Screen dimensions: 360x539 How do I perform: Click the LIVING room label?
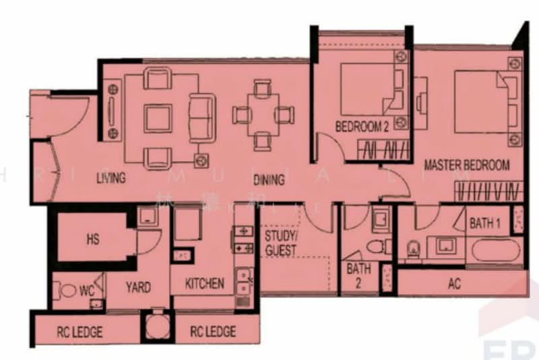point(111,179)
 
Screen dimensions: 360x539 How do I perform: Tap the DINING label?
point(269,180)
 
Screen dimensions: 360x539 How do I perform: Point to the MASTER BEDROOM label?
point(466,165)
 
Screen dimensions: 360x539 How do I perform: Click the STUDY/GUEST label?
point(280,243)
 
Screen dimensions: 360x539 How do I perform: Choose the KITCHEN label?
point(205,283)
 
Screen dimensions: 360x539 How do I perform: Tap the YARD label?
point(138,287)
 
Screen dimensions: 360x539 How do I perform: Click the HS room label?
point(93,239)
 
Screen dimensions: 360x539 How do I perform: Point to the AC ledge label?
point(455,284)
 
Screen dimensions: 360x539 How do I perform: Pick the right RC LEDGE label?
point(213,332)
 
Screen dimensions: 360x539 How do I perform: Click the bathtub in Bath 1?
point(497,250)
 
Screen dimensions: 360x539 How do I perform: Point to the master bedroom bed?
point(480,101)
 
